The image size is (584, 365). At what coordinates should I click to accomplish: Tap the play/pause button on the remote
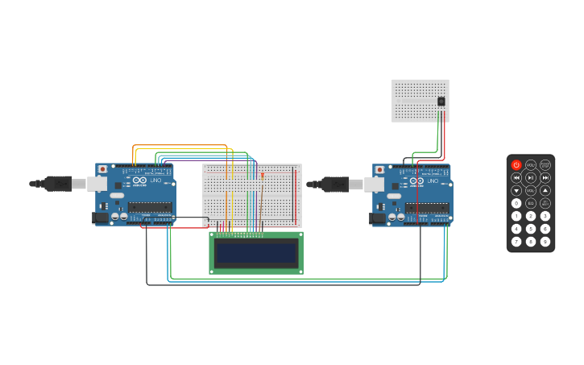531,177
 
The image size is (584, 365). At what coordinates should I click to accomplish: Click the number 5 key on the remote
531,229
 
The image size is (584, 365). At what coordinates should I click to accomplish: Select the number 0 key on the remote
516,203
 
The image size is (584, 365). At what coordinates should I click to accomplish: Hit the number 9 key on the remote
545,242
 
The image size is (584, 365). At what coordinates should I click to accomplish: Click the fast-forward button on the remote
545,177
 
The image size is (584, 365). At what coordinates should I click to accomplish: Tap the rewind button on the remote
516,177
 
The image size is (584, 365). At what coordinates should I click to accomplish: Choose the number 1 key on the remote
516,216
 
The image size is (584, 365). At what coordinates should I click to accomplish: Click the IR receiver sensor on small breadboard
441,102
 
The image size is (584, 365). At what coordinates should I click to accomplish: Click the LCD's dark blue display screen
256,253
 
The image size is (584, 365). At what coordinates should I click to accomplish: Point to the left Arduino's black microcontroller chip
149,207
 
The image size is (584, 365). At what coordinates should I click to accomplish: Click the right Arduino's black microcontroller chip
426,208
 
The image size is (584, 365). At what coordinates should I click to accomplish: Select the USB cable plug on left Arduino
59,184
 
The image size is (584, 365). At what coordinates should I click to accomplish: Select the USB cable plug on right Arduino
336,185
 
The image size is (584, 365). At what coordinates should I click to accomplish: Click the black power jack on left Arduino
101,217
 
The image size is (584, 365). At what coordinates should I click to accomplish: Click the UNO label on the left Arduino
155,180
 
